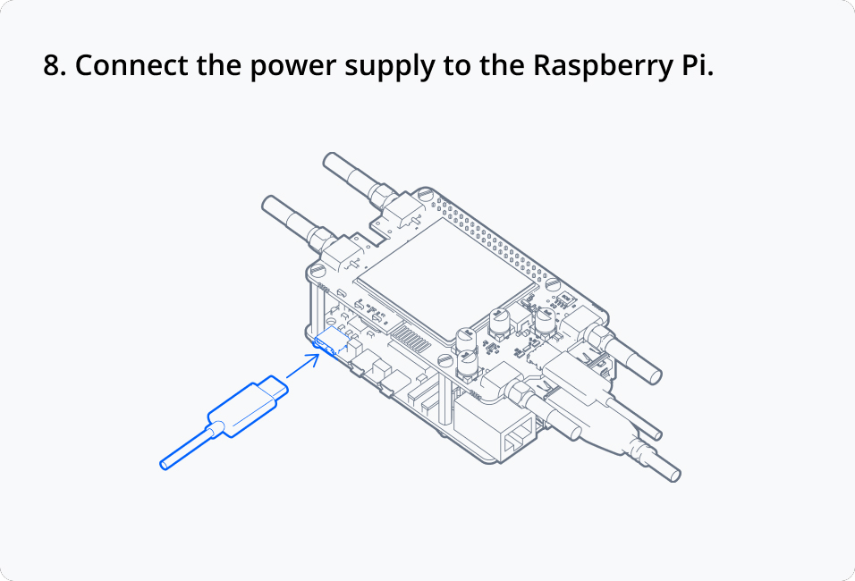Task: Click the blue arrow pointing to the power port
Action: pos(303,365)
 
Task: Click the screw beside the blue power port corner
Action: pos(318,270)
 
